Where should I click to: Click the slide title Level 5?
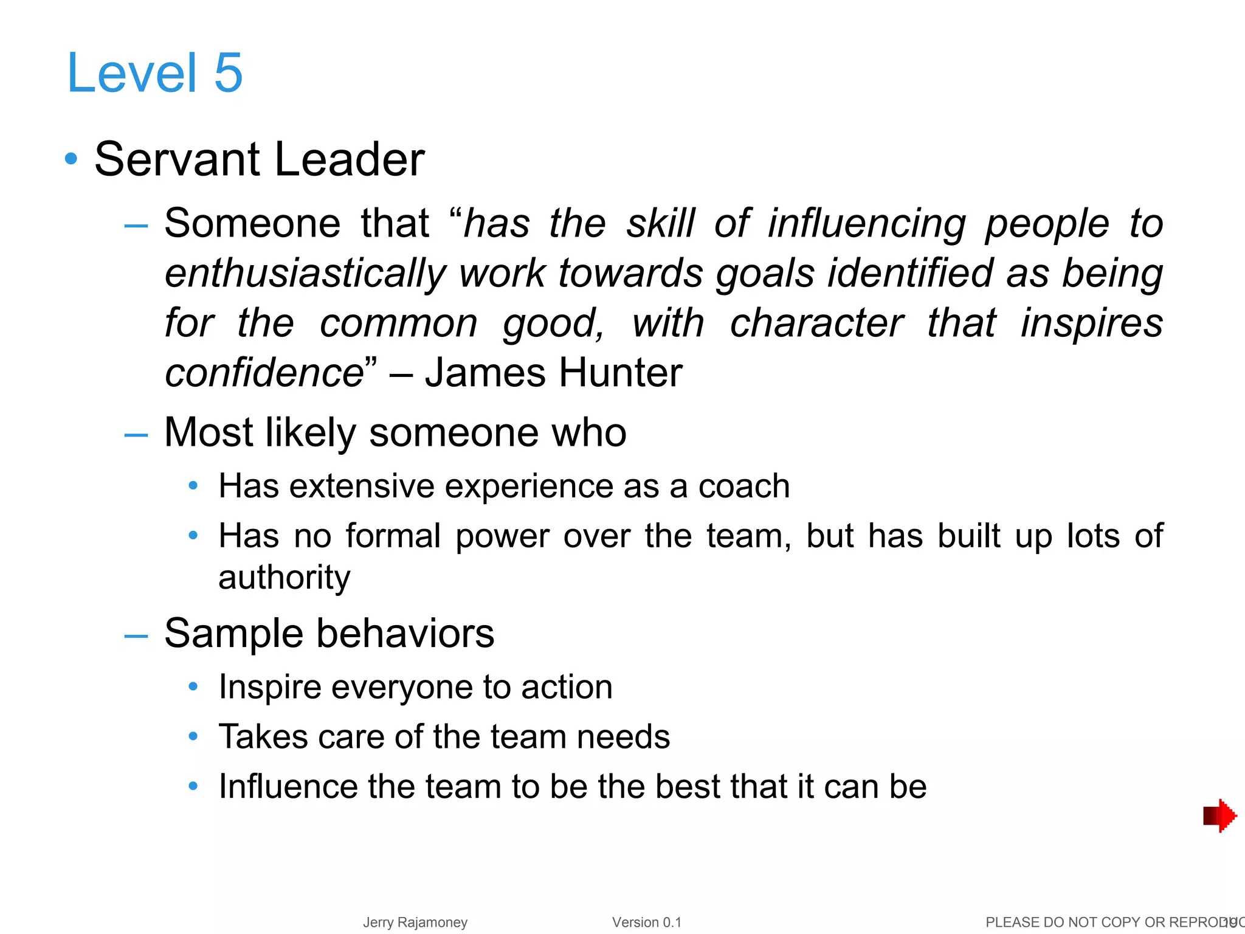coord(155,73)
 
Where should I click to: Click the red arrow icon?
coord(1219,815)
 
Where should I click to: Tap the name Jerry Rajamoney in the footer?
coord(415,922)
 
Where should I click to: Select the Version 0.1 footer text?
coord(647,922)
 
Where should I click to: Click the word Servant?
coord(178,159)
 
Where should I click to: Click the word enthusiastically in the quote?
coord(306,273)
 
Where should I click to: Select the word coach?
coord(743,486)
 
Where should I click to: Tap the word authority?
coord(284,577)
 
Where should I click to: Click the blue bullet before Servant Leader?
coord(71,159)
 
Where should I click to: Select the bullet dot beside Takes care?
coord(193,737)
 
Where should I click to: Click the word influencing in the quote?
coord(866,224)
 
